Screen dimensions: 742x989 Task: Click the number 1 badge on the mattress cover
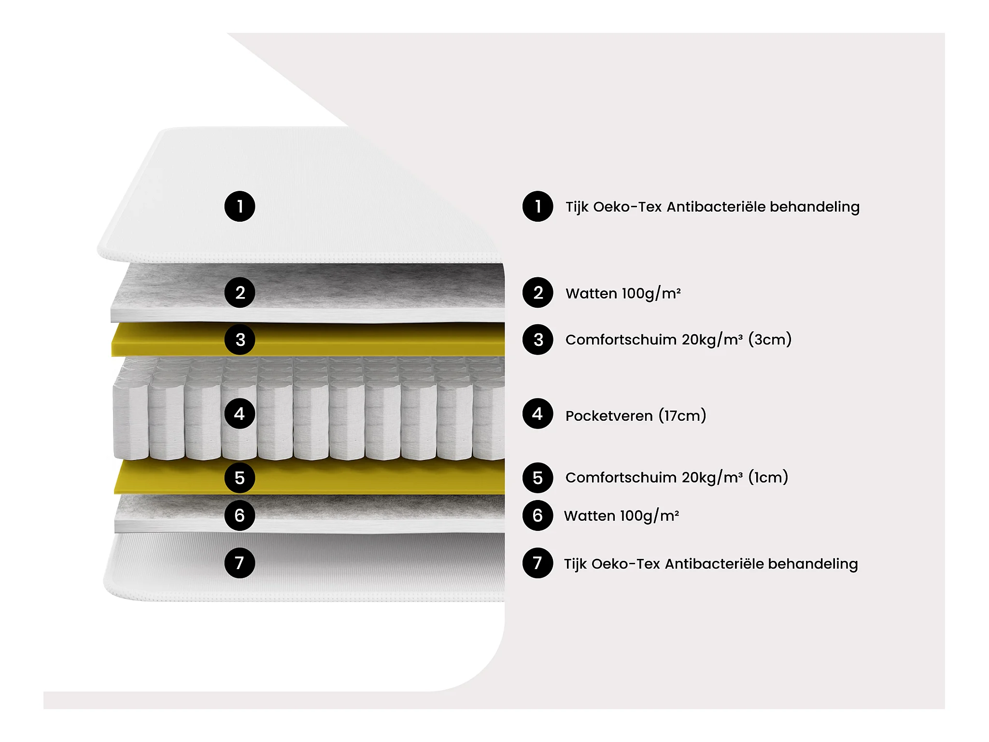240,207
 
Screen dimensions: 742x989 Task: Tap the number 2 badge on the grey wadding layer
240,293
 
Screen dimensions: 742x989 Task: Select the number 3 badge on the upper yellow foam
240,340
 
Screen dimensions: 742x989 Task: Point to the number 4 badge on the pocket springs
240,414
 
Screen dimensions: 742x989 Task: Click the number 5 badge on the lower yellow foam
240,478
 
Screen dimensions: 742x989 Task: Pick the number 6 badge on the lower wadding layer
240,515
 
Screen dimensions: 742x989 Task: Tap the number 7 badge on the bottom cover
240,563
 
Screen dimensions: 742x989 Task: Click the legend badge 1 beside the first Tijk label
537,207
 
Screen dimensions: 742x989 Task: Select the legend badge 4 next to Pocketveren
537,414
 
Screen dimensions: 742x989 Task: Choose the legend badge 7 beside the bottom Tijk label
537,563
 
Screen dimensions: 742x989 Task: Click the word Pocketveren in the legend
608,416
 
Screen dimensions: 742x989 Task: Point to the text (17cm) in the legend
682,416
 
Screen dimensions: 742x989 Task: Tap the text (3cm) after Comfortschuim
770,340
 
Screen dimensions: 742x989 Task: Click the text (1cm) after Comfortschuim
768,477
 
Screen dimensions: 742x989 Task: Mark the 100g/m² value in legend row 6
650,516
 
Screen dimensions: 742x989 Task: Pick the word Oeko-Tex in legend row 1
627,207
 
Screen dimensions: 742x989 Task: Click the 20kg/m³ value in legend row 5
712,477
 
